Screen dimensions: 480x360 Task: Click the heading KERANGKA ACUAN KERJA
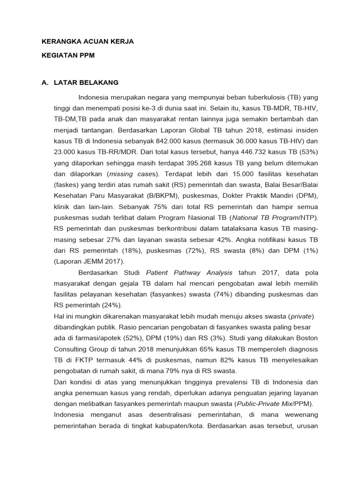pyautogui.click(x=88, y=41)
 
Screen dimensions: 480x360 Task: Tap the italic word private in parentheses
pyautogui.click(x=301, y=316)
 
